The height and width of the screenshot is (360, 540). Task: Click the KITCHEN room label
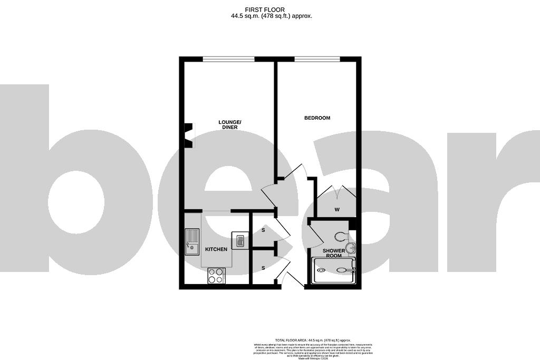[x=216, y=249]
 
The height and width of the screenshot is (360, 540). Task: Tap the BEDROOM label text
[x=317, y=118]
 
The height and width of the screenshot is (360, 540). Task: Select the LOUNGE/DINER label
[x=230, y=124]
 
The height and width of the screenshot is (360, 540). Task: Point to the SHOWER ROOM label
[x=334, y=253]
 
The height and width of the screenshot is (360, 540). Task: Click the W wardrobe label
[x=337, y=210]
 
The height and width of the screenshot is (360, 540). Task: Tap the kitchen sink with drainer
[x=192, y=241]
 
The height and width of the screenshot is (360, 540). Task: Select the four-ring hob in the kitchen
[x=216, y=276]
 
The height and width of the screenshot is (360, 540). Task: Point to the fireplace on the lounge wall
[x=188, y=135]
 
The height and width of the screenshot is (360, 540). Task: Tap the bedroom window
[x=316, y=59]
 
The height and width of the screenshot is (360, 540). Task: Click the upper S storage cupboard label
[x=264, y=230]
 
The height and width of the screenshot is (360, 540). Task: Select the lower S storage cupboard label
[x=264, y=268]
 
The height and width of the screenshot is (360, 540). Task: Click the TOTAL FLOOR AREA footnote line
[x=313, y=340]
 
